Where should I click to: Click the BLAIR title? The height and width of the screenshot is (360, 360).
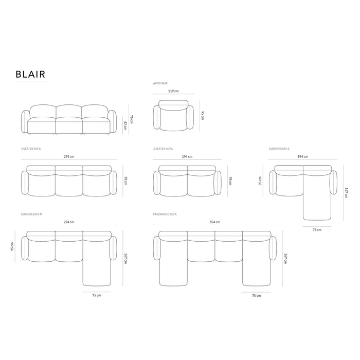tap(30, 74)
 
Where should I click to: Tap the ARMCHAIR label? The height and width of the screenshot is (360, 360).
tap(160, 83)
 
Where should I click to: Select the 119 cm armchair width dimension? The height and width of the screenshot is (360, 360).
tap(173, 91)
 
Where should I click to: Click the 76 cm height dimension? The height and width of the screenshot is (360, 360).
tap(132, 119)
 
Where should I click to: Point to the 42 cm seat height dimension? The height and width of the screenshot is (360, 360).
tap(125, 126)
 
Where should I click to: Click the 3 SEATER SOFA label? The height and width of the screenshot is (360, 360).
tap(31, 149)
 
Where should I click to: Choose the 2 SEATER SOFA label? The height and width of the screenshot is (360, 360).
tap(163, 149)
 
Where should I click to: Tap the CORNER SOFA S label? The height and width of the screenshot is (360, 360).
tap(279, 149)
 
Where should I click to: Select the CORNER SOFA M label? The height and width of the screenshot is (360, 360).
tap(32, 214)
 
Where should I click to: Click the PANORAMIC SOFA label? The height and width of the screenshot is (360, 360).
tap(165, 214)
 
